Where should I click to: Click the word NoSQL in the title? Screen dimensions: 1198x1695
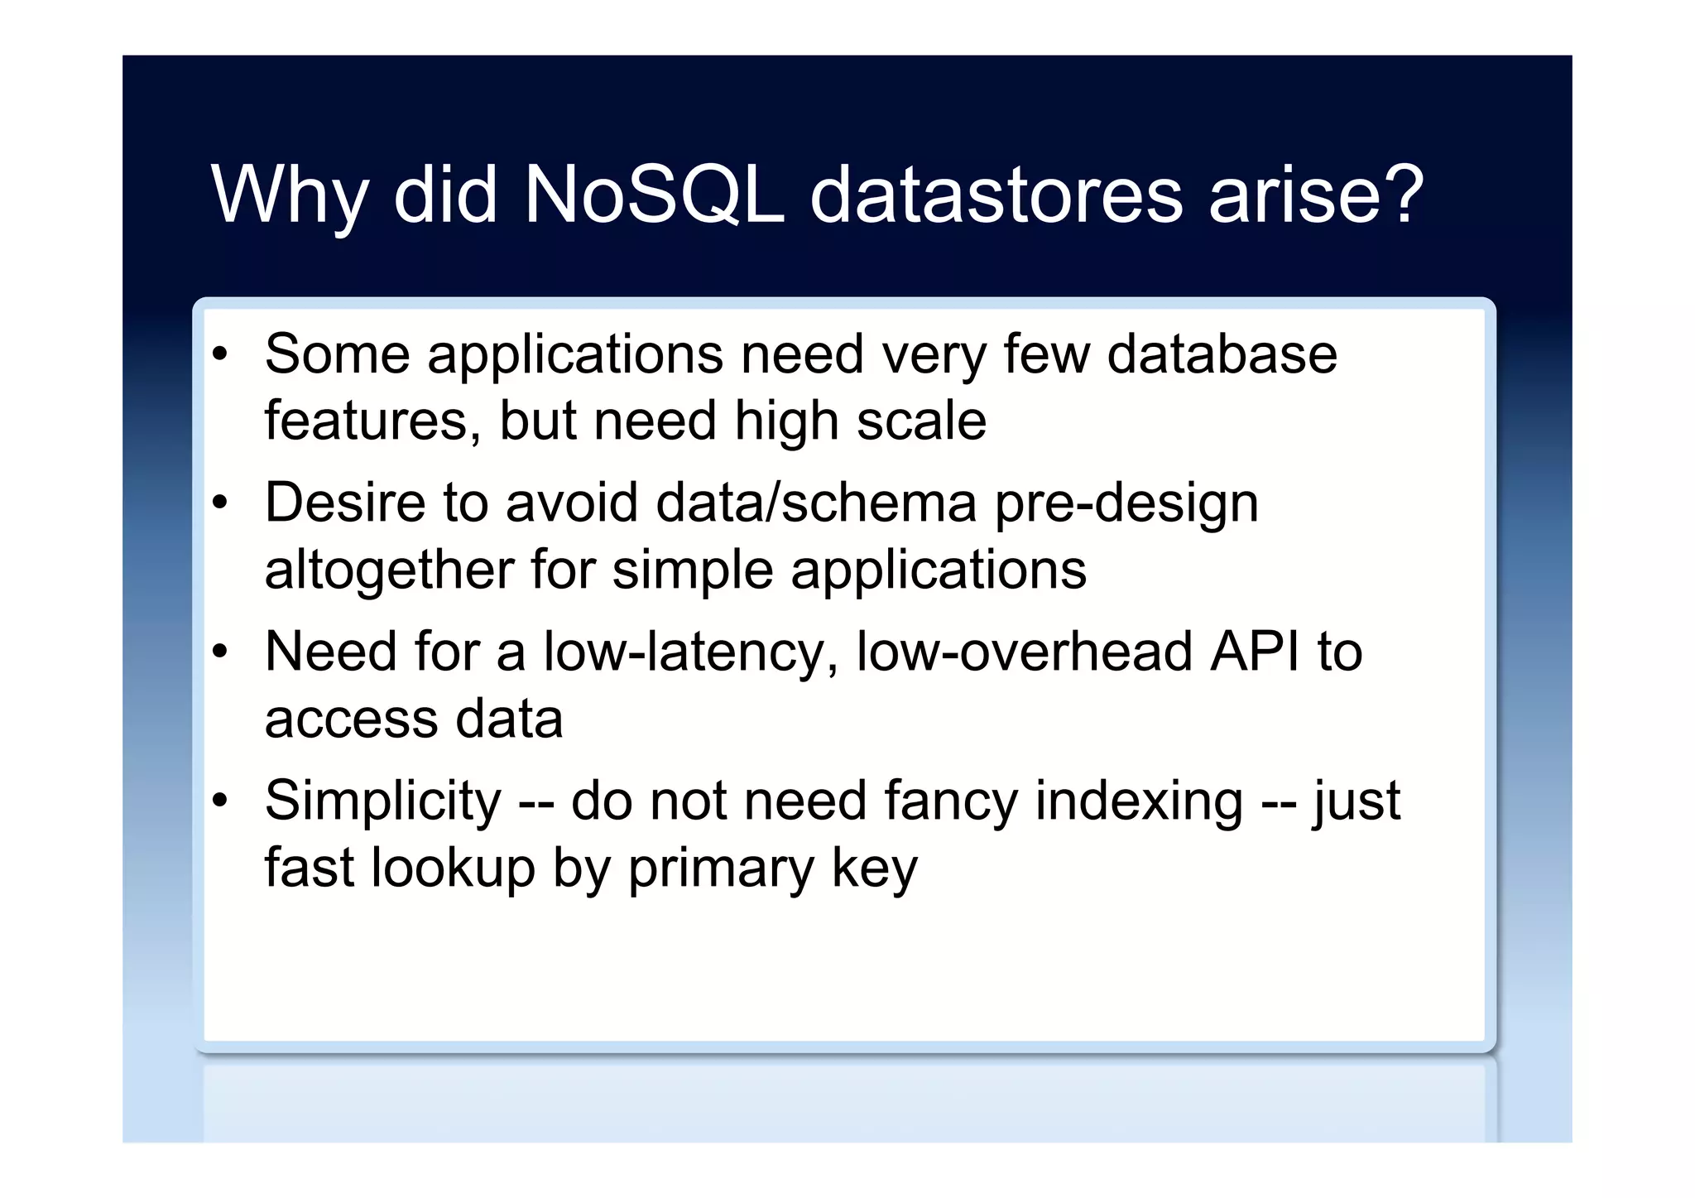tap(654, 195)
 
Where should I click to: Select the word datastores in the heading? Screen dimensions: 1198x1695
tap(996, 195)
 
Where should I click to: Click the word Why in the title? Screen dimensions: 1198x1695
tap(289, 195)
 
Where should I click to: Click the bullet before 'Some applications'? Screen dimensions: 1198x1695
tap(219, 355)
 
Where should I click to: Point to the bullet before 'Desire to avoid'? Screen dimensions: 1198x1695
tap(219, 503)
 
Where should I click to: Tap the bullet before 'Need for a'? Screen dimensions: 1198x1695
tap(219, 652)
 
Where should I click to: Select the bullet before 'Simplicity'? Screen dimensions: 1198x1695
tap(219, 801)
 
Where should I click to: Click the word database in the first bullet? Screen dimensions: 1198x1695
tap(1222, 354)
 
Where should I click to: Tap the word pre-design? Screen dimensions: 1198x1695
tap(1126, 503)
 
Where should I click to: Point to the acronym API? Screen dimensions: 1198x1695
tap(1255, 652)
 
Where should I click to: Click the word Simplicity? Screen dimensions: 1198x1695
tap(382, 801)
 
